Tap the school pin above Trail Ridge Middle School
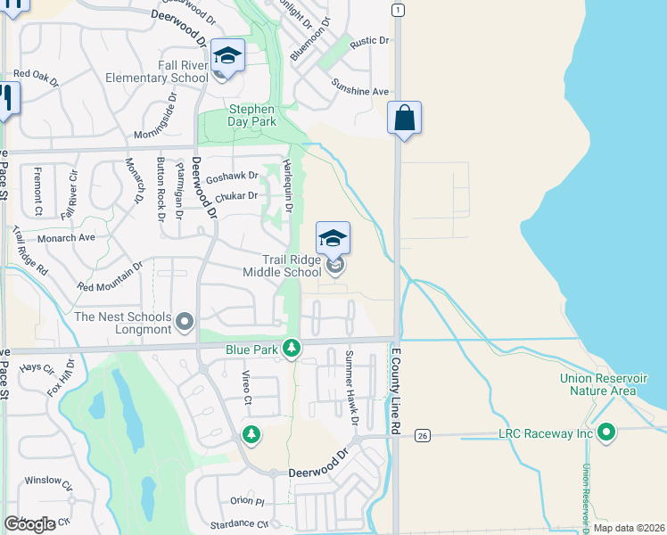click(333, 238)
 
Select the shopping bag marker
click(404, 118)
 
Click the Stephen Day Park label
click(251, 115)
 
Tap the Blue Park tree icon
click(290, 348)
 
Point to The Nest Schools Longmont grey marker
click(185, 320)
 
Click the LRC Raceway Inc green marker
click(607, 433)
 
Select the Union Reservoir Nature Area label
click(598, 384)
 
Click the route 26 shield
click(423, 435)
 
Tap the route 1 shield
click(398, 10)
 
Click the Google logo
click(29, 524)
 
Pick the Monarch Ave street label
click(66, 238)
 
